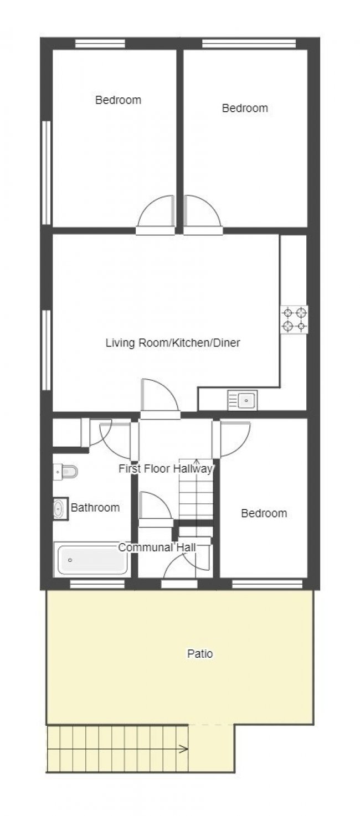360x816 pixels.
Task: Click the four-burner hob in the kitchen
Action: [x=294, y=320]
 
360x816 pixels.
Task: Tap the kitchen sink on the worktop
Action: [x=243, y=400]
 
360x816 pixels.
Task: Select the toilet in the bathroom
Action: [x=66, y=472]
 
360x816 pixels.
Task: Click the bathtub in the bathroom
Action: [x=92, y=560]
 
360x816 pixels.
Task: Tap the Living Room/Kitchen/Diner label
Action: [x=173, y=343]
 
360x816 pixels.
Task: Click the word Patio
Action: [x=200, y=654]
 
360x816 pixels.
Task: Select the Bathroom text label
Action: [x=95, y=508]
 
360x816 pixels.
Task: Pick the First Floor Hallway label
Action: [x=166, y=469]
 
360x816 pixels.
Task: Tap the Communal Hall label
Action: [x=157, y=548]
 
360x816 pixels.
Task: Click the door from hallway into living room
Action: [x=160, y=399]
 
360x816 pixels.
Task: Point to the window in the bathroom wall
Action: [x=97, y=583]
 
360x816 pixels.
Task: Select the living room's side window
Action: [x=47, y=350]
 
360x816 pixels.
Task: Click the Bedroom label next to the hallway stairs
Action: [x=264, y=514]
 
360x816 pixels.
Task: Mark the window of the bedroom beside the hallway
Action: [x=267, y=583]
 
